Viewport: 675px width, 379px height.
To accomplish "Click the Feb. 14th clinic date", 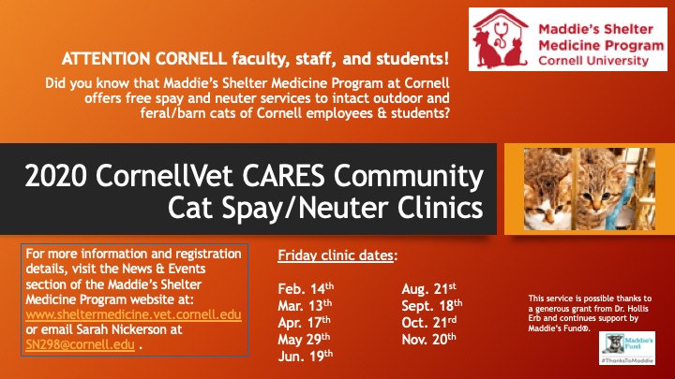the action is coord(306,288).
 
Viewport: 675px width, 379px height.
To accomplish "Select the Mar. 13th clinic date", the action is coord(305,305).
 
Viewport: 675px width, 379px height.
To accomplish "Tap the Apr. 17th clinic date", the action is coord(304,322).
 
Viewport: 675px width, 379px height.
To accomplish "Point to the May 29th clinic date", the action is coord(304,339).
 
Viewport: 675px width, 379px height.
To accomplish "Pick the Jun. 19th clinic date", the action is coord(306,356).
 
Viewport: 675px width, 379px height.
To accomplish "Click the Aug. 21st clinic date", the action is coord(428,288).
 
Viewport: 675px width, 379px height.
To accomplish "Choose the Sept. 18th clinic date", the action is coord(432,305).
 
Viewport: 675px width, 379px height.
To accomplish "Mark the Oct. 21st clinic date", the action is coord(429,322).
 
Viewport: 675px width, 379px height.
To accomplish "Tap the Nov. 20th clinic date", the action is coord(428,339).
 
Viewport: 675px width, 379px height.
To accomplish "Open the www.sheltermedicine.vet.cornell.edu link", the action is coord(133,314).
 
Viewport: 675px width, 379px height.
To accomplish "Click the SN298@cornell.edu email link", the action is coord(80,344).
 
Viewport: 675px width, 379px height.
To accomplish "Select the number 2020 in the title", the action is coord(56,175).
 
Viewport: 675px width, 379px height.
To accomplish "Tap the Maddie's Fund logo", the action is coord(627,348).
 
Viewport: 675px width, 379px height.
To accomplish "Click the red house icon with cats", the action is coord(501,39).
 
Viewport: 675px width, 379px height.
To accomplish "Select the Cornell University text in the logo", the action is coord(593,61).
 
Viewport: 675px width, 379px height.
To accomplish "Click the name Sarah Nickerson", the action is coord(129,329).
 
